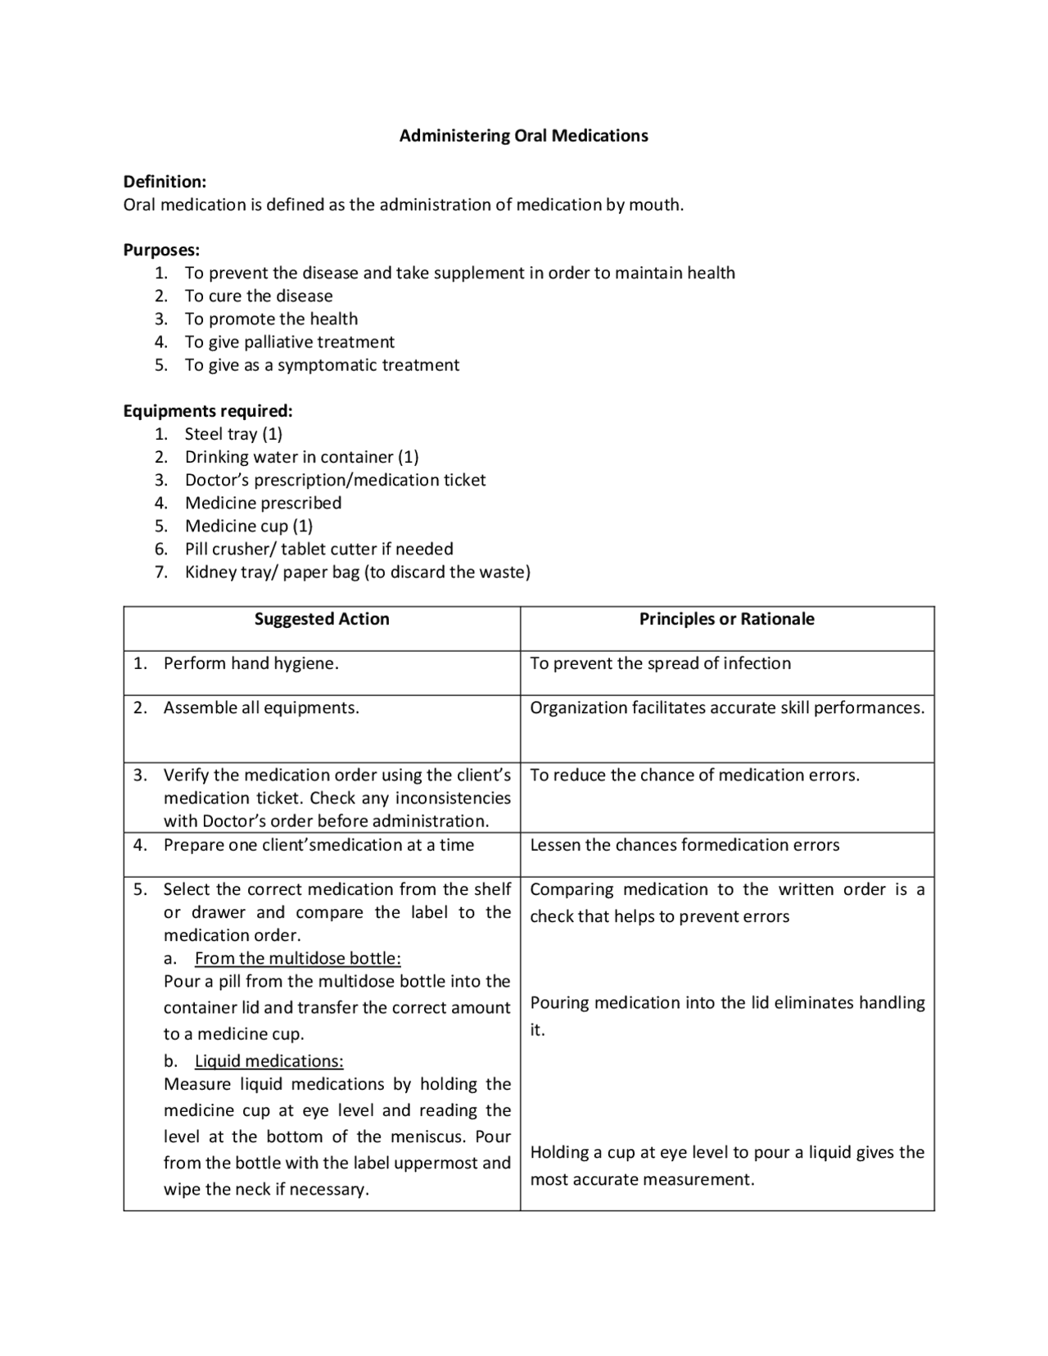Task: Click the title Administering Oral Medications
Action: click(x=523, y=136)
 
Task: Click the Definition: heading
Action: click(x=165, y=182)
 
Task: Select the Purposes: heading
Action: click(x=161, y=250)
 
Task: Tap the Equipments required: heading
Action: click(x=207, y=411)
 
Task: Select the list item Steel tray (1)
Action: click(x=233, y=434)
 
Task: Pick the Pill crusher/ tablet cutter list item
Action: click(x=318, y=549)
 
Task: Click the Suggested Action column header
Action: click(x=322, y=619)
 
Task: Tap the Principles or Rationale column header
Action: click(x=726, y=619)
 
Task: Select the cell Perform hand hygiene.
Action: click(x=251, y=664)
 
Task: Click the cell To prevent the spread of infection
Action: click(x=660, y=664)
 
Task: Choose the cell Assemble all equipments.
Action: click(x=261, y=708)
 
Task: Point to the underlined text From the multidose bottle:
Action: click(x=297, y=959)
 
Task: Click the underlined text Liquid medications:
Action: click(x=269, y=1061)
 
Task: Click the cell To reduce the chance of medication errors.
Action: click(x=694, y=775)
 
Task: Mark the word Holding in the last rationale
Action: click(x=559, y=1153)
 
